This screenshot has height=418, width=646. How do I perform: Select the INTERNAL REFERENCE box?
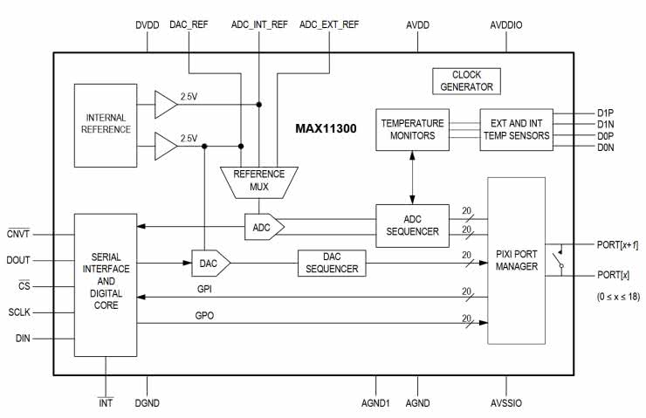[x=107, y=124]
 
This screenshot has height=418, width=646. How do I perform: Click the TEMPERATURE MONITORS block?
[x=412, y=129]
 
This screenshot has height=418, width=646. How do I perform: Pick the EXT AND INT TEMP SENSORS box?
[x=516, y=129]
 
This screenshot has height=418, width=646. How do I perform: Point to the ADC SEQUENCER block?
[x=411, y=226]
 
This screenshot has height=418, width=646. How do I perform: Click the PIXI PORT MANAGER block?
[x=516, y=260]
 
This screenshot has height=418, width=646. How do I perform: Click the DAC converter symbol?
[x=210, y=262]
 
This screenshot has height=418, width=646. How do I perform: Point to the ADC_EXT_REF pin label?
[x=329, y=25]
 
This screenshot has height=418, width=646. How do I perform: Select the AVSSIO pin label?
[x=506, y=403]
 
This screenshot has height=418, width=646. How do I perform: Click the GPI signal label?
[x=204, y=286]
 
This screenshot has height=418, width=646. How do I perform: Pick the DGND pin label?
[x=148, y=403]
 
